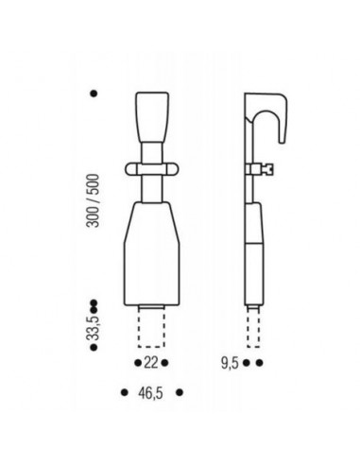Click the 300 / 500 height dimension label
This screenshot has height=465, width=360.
click(94, 200)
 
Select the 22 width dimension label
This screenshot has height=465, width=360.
click(151, 363)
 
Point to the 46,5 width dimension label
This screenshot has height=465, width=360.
click(151, 393)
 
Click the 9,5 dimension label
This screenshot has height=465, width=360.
click(231, 364)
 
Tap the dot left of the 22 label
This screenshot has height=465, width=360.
click(138, 363)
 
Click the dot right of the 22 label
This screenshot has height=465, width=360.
click(164, 363)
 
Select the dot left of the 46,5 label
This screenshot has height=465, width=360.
click(125, 392)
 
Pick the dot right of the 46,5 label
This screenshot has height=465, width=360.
click(180, 392)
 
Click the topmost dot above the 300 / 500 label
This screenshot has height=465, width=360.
click(94, 94)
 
